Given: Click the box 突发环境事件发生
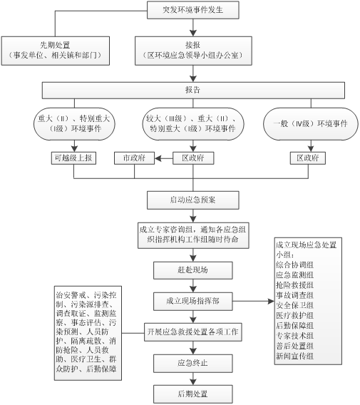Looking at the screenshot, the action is (x=193, y=10).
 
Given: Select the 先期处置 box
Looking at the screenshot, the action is (x=56, y=51).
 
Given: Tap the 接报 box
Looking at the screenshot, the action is (x=193, y=51).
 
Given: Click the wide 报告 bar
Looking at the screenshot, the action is (x=193, y=90).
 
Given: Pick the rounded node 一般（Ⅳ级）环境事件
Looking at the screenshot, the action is (x=311, y=124).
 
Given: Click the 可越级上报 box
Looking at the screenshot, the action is (x=73, y=158).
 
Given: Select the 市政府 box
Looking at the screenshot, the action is (x=134, y=158).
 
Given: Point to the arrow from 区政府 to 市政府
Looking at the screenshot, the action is (x=164, y=158).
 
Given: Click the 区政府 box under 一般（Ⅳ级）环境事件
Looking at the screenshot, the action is (x=308, y=158).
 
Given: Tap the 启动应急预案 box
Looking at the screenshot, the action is (x=193, y=200).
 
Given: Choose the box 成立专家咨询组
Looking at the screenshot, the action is (x=193, y=235).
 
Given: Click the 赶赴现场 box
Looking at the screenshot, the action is (x=193, y=270).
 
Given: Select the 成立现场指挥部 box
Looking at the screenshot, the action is (x=193, y=301).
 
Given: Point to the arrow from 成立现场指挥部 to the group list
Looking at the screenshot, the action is (x=253, y=301).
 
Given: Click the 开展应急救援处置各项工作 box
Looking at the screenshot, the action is (x=193, y=332).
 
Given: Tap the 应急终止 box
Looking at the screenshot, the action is (x=193, y=363).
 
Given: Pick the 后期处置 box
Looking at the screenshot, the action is (x=193, y=394).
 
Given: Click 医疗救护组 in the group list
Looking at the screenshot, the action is (x=294, y=315).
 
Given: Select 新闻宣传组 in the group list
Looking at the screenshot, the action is (x=294, y=357).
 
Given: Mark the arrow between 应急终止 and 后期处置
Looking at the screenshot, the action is (x=193, y=379).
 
